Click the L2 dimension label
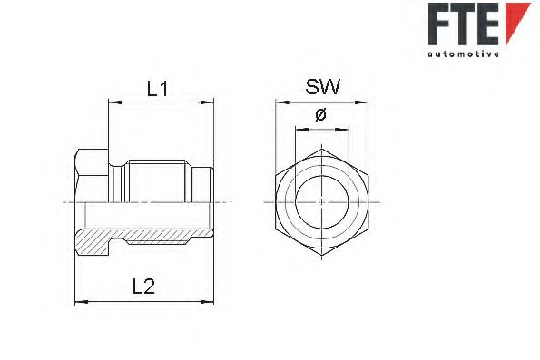144,287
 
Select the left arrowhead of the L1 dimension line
112,103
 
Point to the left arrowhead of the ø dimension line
298,130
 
